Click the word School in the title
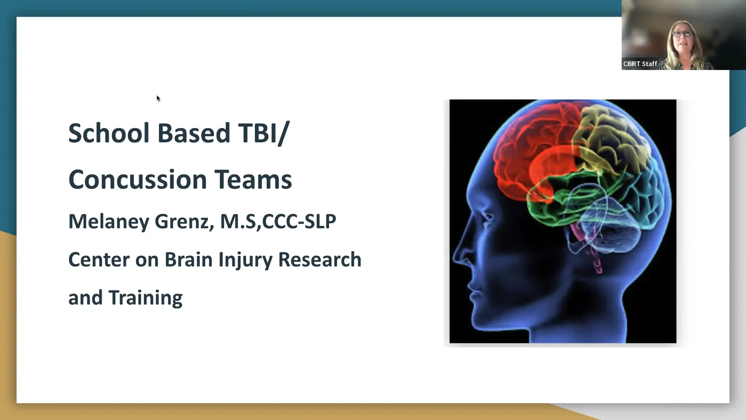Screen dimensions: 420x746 pos(109,133)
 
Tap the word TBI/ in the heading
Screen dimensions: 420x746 pos(264,133)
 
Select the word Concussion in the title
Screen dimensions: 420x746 pos(138,180)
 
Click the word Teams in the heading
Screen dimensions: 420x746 pos(253,180)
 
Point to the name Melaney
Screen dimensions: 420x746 pos(108,222)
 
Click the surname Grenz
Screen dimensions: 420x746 pos(184,222)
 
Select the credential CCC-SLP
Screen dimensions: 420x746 pos(299,222)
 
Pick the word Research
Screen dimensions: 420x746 pos(320,260)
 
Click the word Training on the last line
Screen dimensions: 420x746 pos(145,298)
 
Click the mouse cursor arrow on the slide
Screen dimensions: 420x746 pos(158,98)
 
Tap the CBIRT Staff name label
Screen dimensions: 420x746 pos(640,64)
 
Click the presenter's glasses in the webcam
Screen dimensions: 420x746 pos(683,34)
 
